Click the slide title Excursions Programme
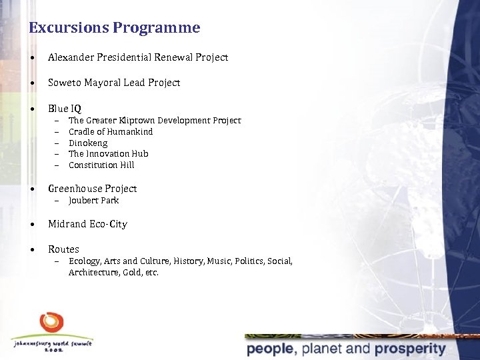coord(114,28)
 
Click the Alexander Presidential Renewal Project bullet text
coord(138,58)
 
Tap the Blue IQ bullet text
coord(65,108)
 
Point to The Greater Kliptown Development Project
coord(155,121)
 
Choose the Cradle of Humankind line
coord(111,132)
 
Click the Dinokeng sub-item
coord(88,143)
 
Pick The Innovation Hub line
coord(108,154)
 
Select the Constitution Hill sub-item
coord(101,165)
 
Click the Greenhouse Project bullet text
coord(92,189)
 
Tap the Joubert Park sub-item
coord(93,201)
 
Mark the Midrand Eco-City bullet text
coord(87,224)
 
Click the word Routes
coord(63,249)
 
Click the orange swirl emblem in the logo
coord(51,323)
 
